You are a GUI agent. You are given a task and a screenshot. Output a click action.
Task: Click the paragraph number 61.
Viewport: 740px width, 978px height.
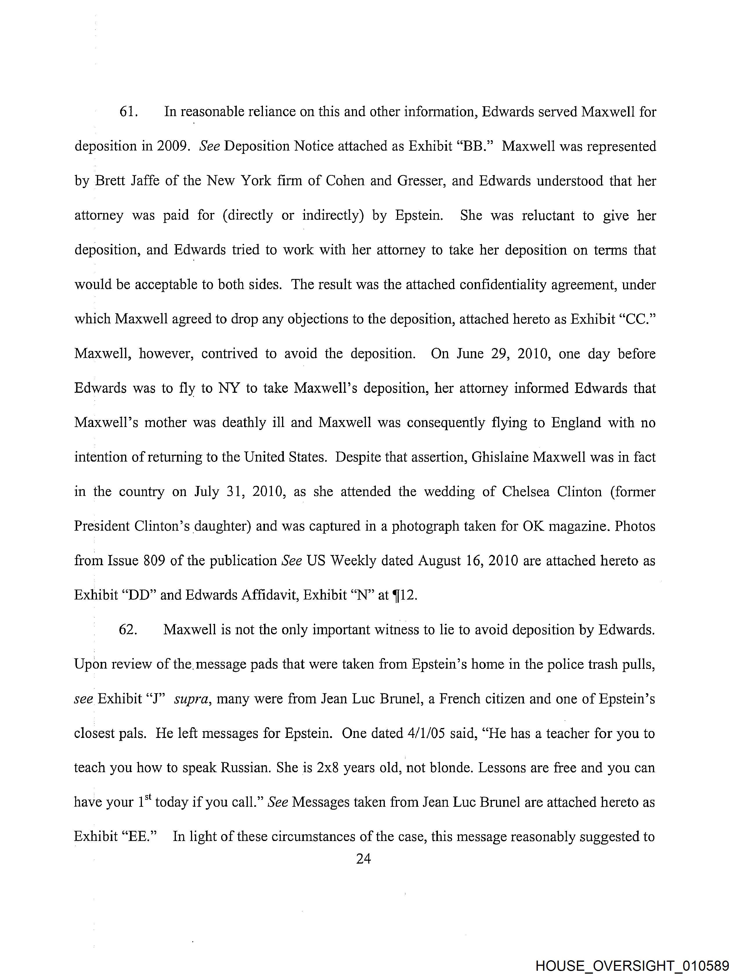[x=129, y=112]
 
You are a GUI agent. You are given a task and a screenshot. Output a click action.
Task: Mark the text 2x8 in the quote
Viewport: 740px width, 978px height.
[x=328, y=767]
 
